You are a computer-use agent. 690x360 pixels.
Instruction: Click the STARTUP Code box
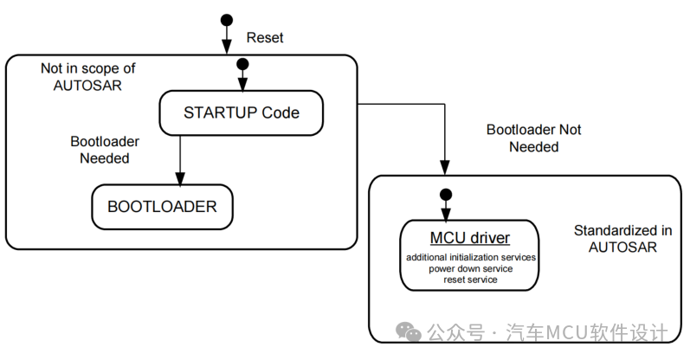(x=241, y=112)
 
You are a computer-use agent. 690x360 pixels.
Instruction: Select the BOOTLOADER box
(x=162, y=207)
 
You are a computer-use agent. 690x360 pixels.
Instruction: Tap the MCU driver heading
(x=470, y=238)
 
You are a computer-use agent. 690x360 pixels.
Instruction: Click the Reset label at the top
(x=265, y=38)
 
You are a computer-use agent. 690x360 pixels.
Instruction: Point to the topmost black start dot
(x=226, y=19)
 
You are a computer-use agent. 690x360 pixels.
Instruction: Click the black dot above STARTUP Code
(x=242, y=64)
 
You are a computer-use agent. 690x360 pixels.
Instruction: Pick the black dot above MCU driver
(x=445, y=193)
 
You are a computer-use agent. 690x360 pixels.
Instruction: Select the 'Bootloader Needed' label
(x=105, y=150)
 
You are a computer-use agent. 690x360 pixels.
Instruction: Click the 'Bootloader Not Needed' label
(x=534, y=138)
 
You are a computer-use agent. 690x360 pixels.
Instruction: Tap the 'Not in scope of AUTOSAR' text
(x=88, y=76)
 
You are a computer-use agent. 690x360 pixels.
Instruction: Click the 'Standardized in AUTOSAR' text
(x=622, y=239)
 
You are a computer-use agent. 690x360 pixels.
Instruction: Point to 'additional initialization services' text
(x=471, y=258)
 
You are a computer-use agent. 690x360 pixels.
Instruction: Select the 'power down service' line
(x=471, y=269)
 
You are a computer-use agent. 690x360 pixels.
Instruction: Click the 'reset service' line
(x=471, y=280)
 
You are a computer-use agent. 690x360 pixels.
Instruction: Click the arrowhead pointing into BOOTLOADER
(x=180, y=179)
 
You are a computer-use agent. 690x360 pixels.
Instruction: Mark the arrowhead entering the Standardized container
(x=445, y=170)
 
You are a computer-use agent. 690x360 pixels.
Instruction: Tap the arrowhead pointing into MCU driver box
(x=445, y=215)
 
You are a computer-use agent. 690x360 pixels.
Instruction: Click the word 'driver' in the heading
(x=489, y=238)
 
